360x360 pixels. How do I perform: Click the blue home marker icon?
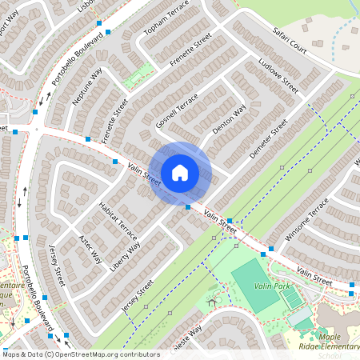pos(180,173)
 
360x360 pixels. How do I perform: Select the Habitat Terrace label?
pos(118,222)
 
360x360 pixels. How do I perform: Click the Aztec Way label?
pos(90,250)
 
